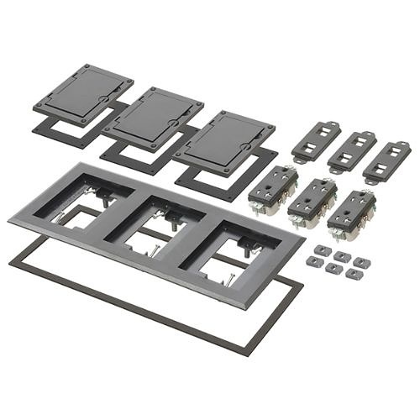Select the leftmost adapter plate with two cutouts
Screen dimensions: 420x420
tap(316, 142)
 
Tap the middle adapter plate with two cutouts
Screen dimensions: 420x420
tap(351, 150)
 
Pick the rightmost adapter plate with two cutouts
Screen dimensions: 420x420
tap(386, 160)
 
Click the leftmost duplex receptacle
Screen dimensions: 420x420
tap(274, 190)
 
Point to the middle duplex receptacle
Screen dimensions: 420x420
tap(312, 202)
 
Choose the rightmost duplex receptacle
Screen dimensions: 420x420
tap(351, 213)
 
